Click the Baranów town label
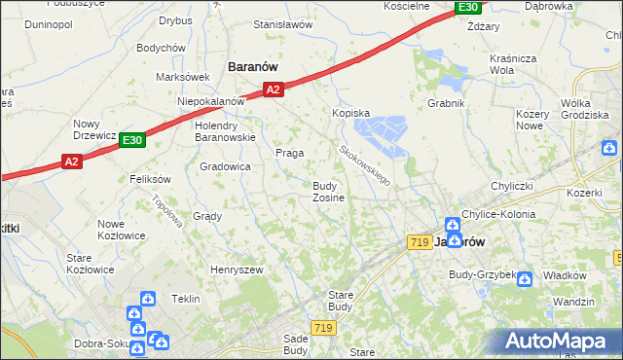point(253,66)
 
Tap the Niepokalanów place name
point(210,101)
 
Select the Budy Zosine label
point(328,192)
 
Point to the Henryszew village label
point(238,269)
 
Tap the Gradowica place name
point(225,166)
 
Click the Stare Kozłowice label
point(91,264)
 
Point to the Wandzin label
point(573,302)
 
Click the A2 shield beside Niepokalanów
point(274,90)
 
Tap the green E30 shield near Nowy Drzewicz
point(133,141)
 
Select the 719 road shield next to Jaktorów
point(421,241)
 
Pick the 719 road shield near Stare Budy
point(324,329)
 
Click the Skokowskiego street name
point(364,165)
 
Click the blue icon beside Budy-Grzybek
point(525,279)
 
